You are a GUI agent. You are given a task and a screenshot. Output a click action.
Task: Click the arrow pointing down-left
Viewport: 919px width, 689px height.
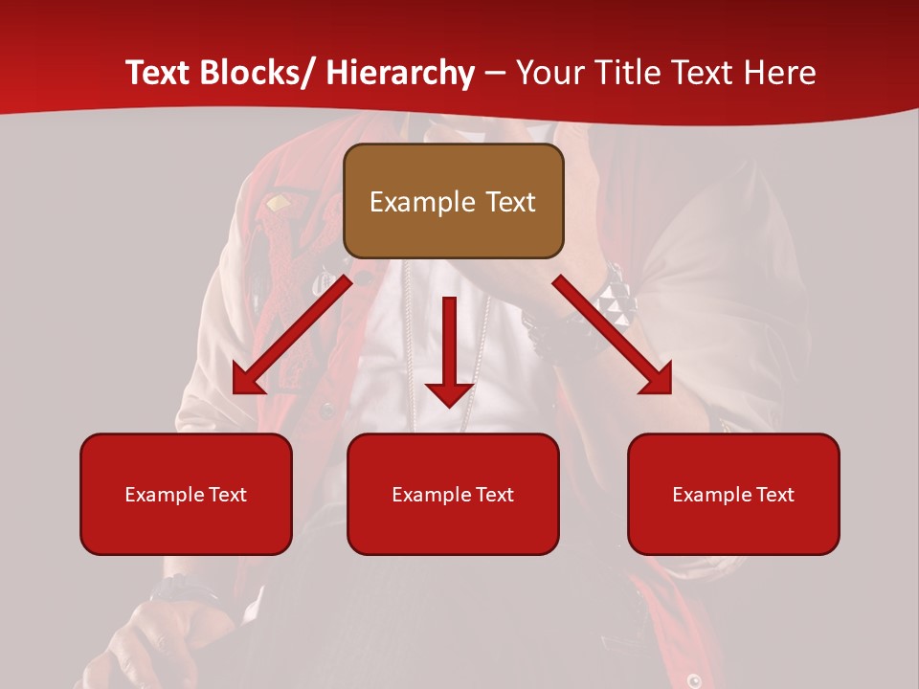(x=292, y=335)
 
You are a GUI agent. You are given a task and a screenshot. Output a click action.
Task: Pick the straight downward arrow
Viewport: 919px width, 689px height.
(x=449, y=349)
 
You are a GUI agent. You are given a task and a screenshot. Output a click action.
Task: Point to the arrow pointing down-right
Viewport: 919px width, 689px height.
(x=614, y=335)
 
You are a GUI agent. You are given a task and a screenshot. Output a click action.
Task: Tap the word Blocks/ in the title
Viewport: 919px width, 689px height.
(x=261, y=73)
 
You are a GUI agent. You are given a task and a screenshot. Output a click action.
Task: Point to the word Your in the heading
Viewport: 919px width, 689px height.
(x=547, y=73)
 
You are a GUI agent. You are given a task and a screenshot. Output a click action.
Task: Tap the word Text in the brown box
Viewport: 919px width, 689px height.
(x=508, y=202)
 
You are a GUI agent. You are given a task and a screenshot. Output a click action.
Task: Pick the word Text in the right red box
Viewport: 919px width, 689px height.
(x=773, y=495)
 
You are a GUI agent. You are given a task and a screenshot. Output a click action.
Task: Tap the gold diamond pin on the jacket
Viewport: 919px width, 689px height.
(x=278, y=203)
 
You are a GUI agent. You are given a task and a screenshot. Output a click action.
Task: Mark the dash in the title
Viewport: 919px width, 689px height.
(x=495, y=74)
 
